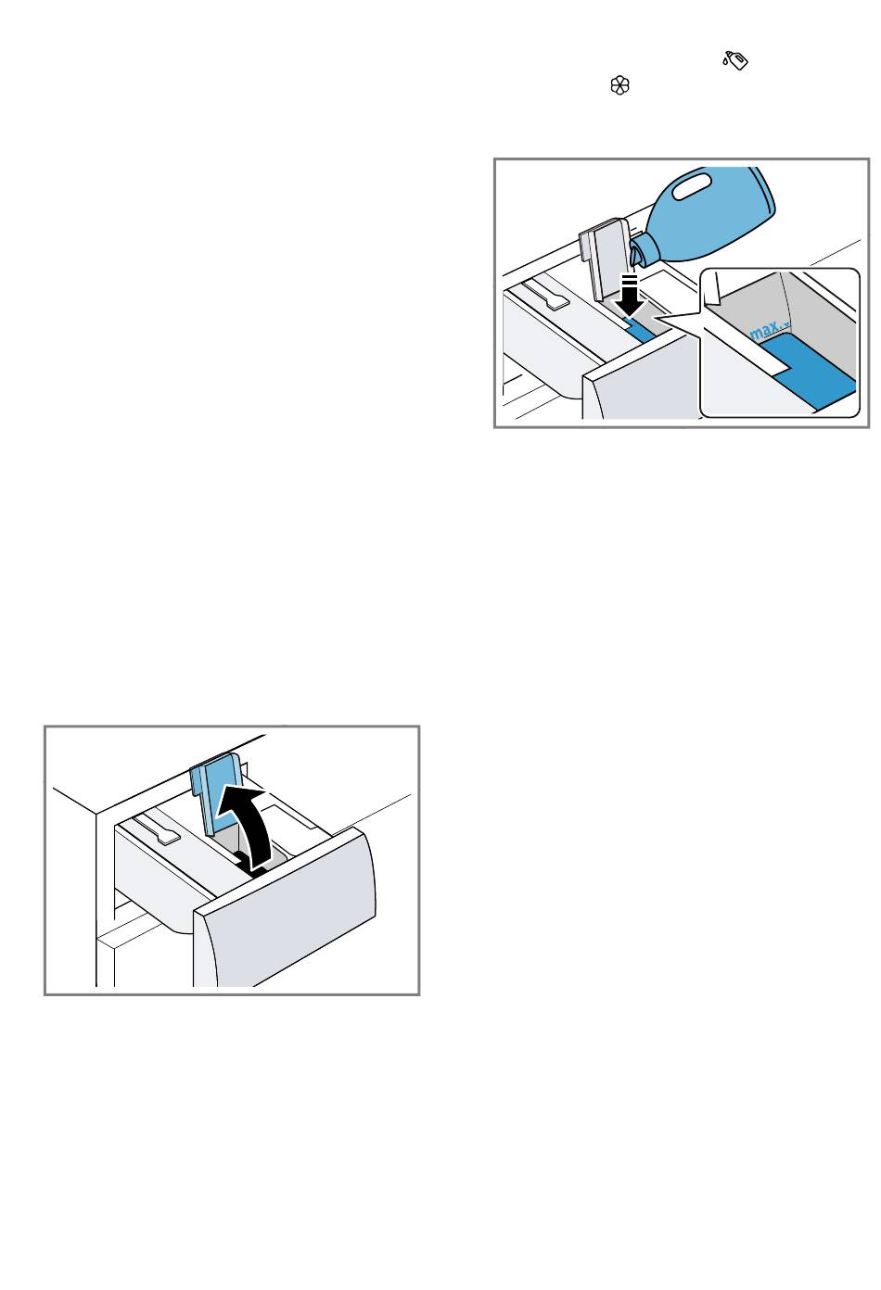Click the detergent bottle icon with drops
click(735, 60)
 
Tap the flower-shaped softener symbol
click(619, 86)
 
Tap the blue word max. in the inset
click(769, 330)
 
